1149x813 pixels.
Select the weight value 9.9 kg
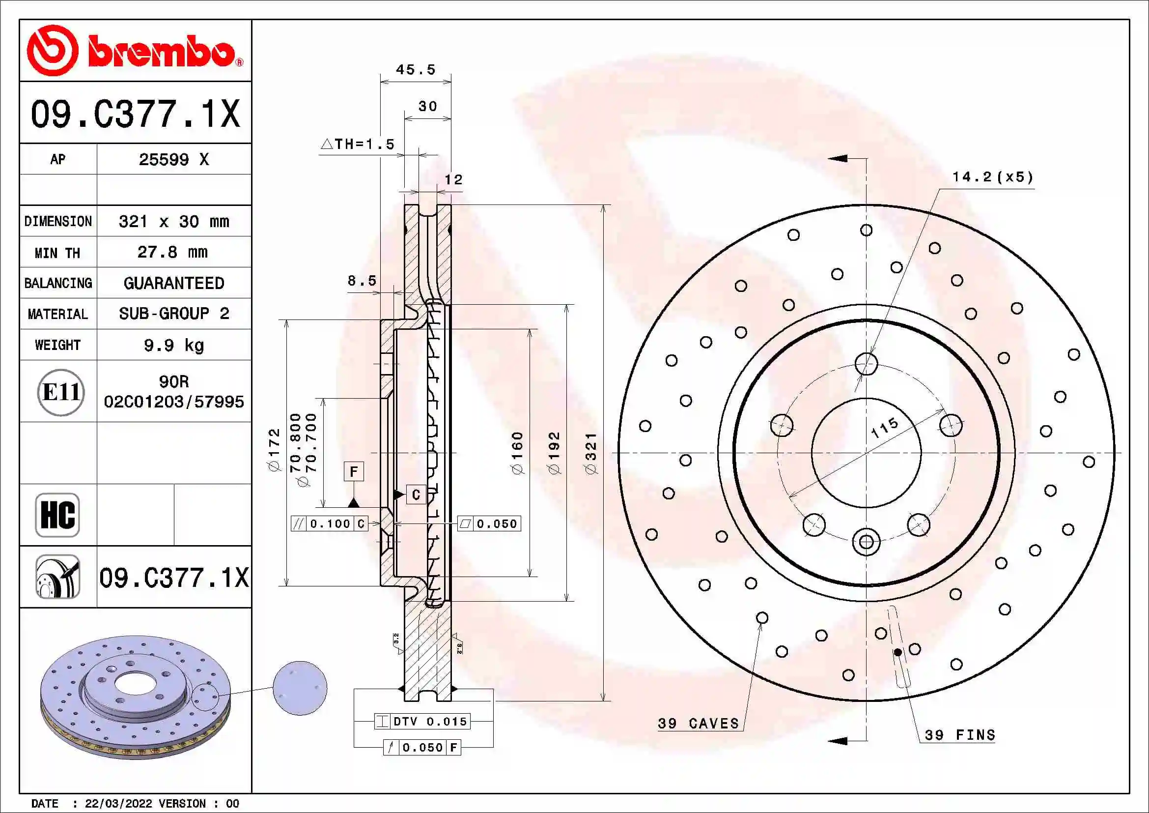(173, 345)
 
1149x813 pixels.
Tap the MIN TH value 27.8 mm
(172, 252)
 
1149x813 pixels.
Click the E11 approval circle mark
(60, 392)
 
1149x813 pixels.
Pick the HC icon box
(57, 515)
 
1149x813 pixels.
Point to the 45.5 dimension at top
(416, 70)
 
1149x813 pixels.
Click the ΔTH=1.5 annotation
(357, 144)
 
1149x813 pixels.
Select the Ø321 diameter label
(591, 454)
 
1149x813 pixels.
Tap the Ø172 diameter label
(274, 450)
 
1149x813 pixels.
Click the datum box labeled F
(354, 471)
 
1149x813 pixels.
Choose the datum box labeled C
(416, 494)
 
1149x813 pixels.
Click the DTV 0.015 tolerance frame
(422, 722)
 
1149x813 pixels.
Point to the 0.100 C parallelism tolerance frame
(329, 523)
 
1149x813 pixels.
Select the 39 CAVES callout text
(698, 724)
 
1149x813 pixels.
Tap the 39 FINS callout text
(959, 735)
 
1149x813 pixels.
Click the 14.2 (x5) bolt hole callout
(992, 177)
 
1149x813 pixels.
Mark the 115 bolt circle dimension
(884, 428)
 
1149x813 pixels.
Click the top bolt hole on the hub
(866, 363)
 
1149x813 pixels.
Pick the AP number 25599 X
(173, 160)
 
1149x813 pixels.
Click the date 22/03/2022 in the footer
(118, 804)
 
